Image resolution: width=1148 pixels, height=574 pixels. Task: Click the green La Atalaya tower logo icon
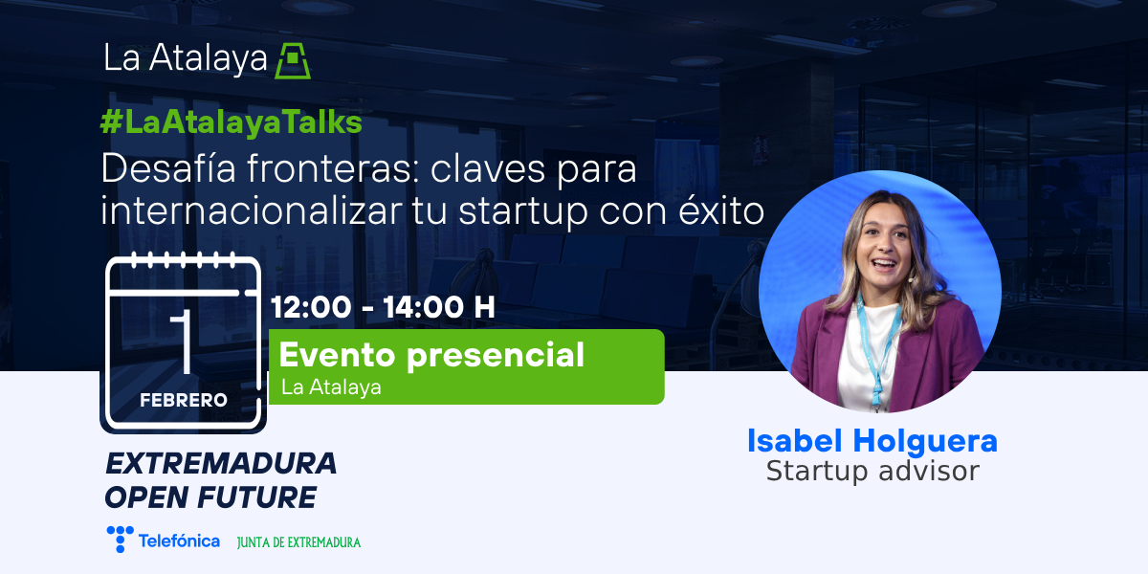[293, 60]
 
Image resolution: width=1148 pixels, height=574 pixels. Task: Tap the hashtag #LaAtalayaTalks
[232, 123]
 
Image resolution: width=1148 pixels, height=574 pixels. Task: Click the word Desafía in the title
[168, 168]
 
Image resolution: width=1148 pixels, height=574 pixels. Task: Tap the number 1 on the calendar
[182, 342]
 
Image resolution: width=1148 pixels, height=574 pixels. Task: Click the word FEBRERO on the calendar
[184, 400]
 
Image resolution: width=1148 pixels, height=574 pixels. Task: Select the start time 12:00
[311, 307]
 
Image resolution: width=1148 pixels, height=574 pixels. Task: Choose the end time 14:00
[424, 307]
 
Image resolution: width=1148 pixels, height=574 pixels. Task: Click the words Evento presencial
[431, 355]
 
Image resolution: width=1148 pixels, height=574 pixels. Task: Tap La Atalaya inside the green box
[331, 387]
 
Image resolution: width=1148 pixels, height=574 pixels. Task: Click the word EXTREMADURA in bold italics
[221, 464]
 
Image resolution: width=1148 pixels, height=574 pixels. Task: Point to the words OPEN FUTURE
[210, 497]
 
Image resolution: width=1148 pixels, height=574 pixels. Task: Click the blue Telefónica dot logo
[121, 539]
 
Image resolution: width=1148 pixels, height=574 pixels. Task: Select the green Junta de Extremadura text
[298, 542]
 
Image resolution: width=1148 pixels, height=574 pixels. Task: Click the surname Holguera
[925, 441]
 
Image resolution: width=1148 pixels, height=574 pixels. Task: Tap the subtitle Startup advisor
[872, 471]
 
